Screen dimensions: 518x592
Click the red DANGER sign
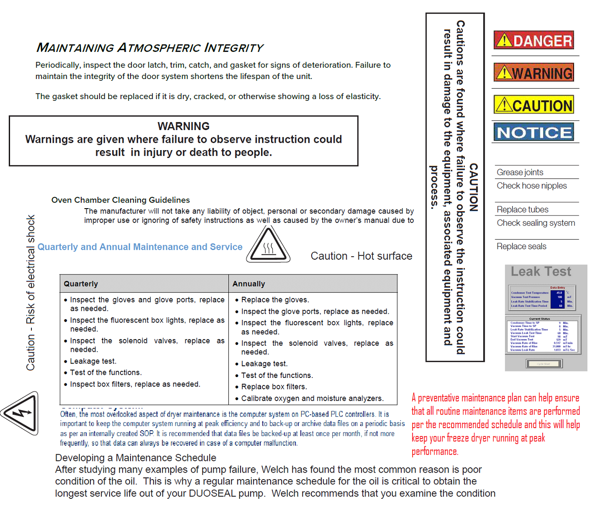point(533,40)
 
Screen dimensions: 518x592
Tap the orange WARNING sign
point(533,72)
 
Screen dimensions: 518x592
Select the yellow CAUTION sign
point(533,105)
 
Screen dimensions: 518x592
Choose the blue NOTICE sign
point(533,132)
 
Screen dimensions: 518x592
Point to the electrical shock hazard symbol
point(21,413)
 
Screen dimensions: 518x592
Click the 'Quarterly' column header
point(81,284)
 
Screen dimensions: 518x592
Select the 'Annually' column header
point(248,284)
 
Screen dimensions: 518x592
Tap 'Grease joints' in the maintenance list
point(520,172)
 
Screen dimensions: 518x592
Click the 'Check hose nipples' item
point(531,185)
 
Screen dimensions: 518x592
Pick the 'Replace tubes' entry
point(522,209)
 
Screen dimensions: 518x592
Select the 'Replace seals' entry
point(521,246)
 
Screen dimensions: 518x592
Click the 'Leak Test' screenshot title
point(541,271)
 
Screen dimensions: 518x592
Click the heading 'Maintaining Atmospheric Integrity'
point(150,48)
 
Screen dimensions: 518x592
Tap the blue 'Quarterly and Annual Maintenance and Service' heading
point(140,247)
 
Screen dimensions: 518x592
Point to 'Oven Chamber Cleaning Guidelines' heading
point(120,200)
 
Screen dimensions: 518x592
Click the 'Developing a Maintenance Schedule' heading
point(135,458)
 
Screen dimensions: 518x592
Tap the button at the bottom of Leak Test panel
point(544,364)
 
